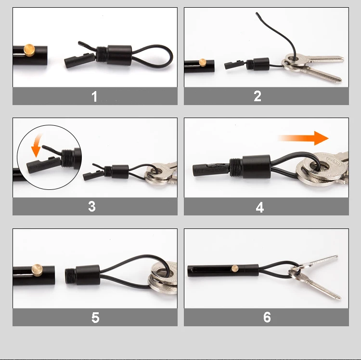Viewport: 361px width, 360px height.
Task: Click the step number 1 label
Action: pyautogui.click(x=94, y=96)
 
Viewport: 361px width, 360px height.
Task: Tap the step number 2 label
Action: pyautogui.click(x=258, y=96)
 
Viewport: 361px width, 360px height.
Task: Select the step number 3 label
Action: pyautogui.click(x=92, y=206)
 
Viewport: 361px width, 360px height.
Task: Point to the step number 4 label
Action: pyautogui.click(x=260, y=207)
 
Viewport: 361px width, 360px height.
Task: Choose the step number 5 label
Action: pyautogui.click(x=95, y=318)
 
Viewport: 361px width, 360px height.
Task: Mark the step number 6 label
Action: pyautogui.click(x=267, y=317)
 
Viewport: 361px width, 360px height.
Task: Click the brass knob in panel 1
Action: pyautogui.click(x=29, y=50)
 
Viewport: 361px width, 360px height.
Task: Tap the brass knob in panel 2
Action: pyautogui.click(x=203, y=62)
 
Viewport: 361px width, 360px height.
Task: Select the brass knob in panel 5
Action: pyautogui.click(x=37, y=270)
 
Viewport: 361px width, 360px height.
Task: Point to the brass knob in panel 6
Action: pyautogui.click(x=235, y=268)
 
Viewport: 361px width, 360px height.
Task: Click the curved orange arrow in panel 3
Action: pyautogui.click(x=37, y=145)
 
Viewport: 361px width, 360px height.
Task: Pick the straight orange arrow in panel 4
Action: pyautogui.click(x=303, y=138)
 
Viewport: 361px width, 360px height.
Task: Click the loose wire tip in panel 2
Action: pyautogui.click(x=257, y=13)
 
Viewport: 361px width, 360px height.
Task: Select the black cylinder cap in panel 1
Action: pyautogui.click(x=119, y=55)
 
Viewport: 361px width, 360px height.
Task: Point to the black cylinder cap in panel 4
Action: pyautogui.click(x=256, y=166)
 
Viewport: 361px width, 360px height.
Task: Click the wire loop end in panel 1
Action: pyautogui.click(x=172, y=55)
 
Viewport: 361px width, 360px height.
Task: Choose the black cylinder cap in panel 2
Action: pyautogui.click(x=261, y=64)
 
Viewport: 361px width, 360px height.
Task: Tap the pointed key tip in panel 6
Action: pyautogui.click(x=340, y=298)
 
